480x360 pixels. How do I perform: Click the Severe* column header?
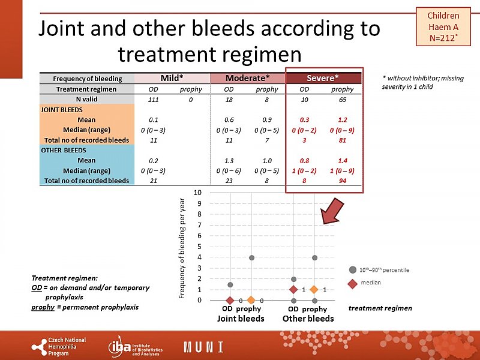323,78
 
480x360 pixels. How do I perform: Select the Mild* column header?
172,78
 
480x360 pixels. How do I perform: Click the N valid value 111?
154,99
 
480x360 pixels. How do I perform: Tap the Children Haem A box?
443,26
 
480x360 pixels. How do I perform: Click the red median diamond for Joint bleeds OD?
230,300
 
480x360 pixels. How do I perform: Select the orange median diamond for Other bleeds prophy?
314,290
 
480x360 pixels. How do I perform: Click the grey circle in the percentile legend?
353,270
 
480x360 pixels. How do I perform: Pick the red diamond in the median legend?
353,283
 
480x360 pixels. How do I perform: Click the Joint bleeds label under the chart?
241,319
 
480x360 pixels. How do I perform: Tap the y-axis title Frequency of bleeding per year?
183,248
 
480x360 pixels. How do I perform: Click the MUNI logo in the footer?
203,347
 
